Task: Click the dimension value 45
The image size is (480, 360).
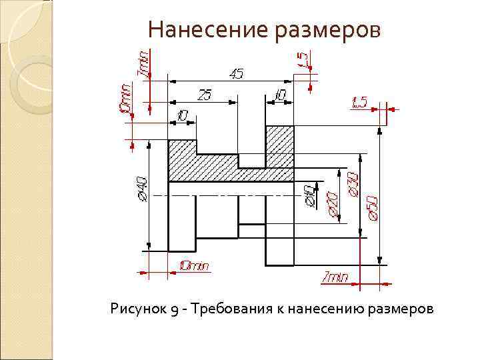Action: [x=236, y=73]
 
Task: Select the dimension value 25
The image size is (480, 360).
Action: [x=205, y=95]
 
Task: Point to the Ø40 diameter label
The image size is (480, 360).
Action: [x=141, y=189]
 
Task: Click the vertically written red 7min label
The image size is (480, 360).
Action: [x=143, y=64]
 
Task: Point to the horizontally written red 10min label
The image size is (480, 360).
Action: [x=193, y=266]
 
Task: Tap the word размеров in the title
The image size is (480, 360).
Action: [x=331, y=30]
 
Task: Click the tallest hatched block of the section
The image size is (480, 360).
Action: [x=279, y=145]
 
